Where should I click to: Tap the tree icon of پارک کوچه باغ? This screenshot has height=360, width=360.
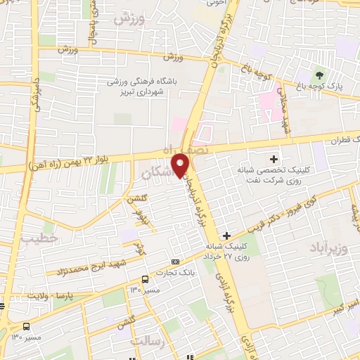320,76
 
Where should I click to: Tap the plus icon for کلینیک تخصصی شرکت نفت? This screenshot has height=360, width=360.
274,159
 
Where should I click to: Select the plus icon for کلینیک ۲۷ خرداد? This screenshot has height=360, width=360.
226,236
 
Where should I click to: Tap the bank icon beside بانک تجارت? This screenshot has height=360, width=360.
175,261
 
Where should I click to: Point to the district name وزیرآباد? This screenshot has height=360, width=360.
328,248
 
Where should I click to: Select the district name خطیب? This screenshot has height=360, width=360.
37,239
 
